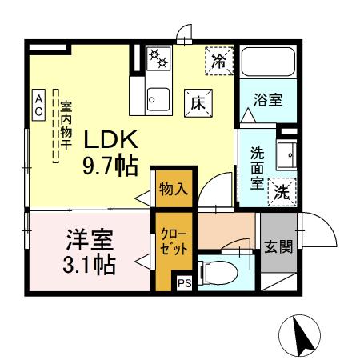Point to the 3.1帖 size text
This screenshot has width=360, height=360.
[x=88, y=264]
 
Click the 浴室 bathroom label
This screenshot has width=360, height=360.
[x=266, y=101]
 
